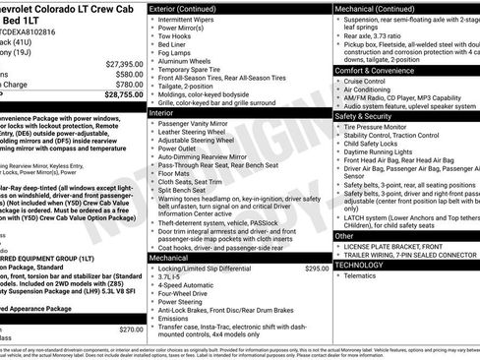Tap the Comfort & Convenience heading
[379, 72]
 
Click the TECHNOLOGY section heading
[360, 265]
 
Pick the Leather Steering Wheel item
[199, 136]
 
